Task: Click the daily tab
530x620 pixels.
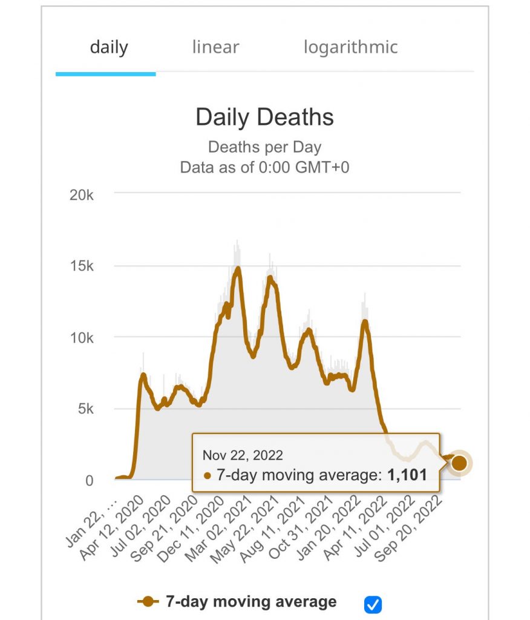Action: pos(109,47)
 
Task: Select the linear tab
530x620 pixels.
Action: pos(215,47)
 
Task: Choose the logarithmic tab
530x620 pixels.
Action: pos(350,47)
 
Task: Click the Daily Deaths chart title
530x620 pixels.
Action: pos(264,117)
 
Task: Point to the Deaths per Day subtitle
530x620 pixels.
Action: pos(264,147)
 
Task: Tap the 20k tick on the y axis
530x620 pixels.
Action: pos(82,195)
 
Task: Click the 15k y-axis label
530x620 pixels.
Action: pos(82,266)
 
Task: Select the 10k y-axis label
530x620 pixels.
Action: pos(82,338)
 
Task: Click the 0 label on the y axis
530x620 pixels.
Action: pos(90,481)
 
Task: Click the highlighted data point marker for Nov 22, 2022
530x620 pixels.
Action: pos(459,463)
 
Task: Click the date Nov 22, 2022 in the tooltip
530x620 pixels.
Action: pos(243,455)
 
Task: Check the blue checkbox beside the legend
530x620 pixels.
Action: pos(373,604)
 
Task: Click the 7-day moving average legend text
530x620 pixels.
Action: pos(251,602)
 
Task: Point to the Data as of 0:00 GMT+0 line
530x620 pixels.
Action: pos(264,167)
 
